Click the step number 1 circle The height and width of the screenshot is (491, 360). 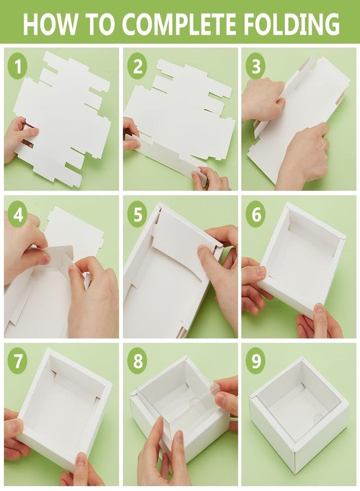pyautogui.click(x=17, y=66)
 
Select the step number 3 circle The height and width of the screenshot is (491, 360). pyautogui.click(x=256, y=66)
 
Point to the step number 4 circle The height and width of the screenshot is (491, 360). pyautogui.click(x=17, y=214)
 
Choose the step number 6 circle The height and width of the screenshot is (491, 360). pyautogui.click(x=256, y=214)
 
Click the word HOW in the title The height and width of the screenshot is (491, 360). pyautogui.click(x=50, y=24)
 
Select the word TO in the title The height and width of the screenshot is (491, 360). pyautogui.click(x=99, y=24)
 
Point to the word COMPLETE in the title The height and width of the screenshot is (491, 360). pyautogui.click(x=179, y=24)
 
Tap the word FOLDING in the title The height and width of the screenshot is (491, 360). pyautogui.click(x=291, y=24)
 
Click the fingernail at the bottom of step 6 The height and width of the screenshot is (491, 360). pyautogui.click(x=319, y=309)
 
